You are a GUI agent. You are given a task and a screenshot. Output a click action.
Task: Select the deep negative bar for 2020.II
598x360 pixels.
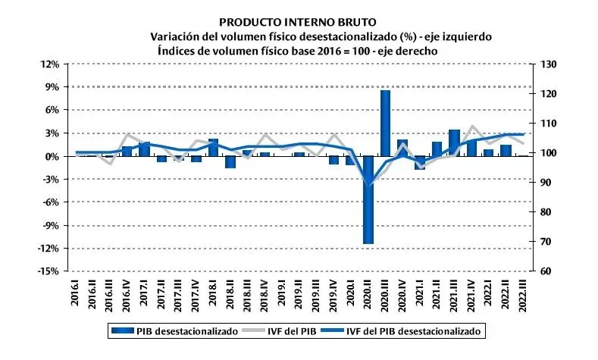(x=368, y=200)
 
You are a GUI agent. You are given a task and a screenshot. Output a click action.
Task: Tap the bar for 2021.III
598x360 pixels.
(x=454, y=143)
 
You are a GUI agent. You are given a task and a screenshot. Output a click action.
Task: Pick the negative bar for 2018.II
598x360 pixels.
(x=230, y=161)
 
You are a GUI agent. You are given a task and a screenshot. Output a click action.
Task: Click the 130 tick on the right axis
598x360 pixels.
(x=546, y=64)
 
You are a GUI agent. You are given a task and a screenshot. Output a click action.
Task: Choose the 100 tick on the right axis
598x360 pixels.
(x=546, y=153)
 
